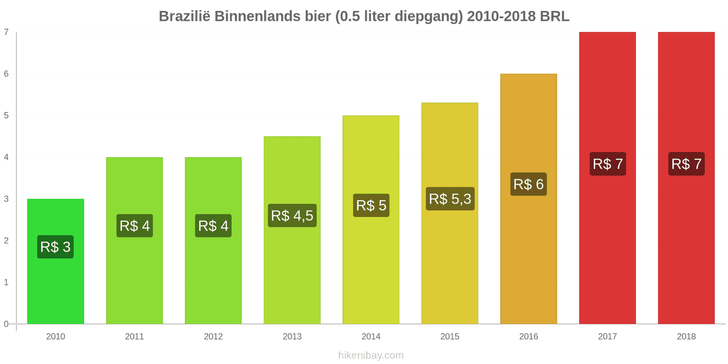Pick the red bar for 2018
686,250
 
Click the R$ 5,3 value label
450,199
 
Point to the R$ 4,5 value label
292,216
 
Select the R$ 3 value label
56,247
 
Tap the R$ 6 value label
528,184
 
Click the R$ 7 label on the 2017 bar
607,164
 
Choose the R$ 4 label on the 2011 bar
135,226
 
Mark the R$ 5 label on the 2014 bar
371,205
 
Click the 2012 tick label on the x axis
213,337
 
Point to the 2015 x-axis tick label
450,337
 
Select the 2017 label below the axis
607,337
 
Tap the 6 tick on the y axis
6,74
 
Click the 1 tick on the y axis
6,283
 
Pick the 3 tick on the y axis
6,199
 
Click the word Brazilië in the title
184,16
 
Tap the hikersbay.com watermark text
371,355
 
